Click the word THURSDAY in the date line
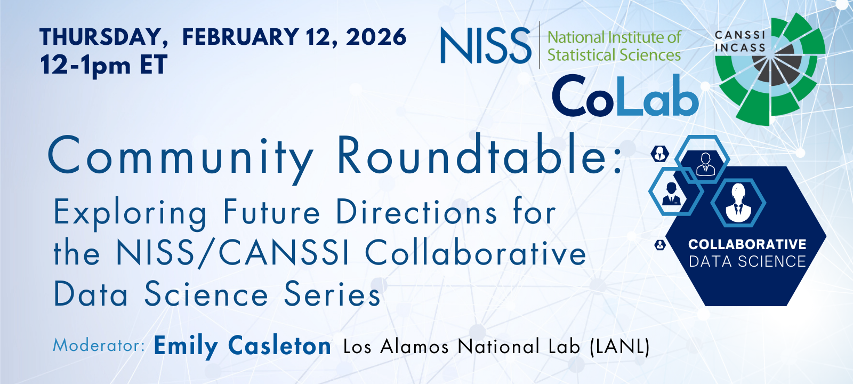tap(103, 37)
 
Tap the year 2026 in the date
tap(376, 37)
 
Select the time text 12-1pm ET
tap(103, 65)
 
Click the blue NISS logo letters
tap(486, 45)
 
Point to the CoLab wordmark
tap(625, 95)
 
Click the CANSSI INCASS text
tap(740, 41)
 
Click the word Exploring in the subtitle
tap(130, 214)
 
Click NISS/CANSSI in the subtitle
tap(232, 253)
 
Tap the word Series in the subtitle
tap(332, 294)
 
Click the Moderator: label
tap(99, 346)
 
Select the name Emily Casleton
tap(242, 347)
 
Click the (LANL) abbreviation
tap(619, 347)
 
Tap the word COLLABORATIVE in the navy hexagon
tap(747, 244)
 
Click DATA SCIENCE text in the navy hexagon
tap(747, 262)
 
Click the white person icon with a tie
tap(738, 203)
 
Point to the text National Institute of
tap(614, 37)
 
